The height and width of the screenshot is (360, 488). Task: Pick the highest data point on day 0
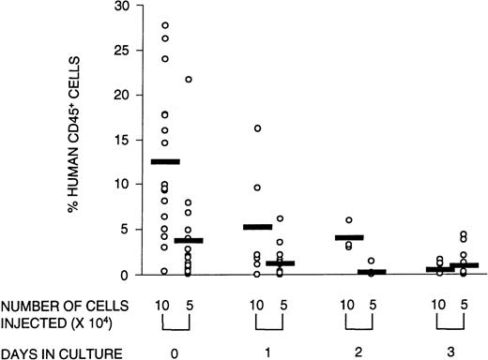click(x=165, y=25)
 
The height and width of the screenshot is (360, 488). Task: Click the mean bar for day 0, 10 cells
click(x=165, y=162)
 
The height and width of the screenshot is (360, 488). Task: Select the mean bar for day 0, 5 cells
click(x=189, y=241)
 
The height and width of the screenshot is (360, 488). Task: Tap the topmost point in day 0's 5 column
click(x=189, y=79)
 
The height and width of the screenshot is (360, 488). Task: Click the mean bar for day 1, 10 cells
click(x=257, y=227)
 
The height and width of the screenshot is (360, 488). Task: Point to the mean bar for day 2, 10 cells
click(x=348, y=237)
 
